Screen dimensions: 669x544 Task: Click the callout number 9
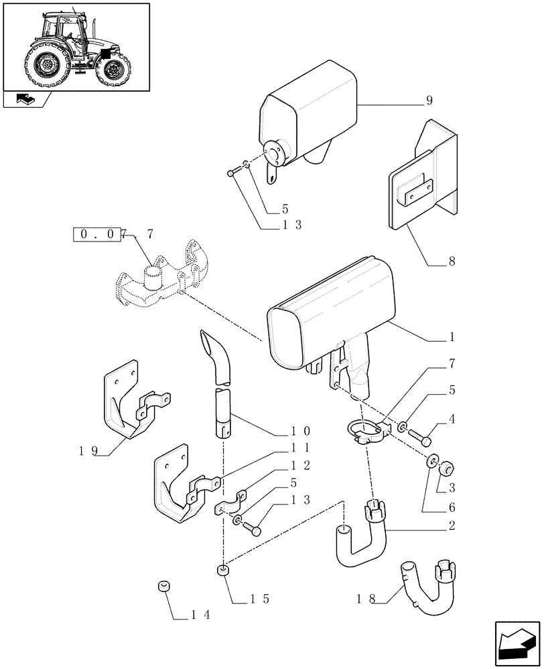point(429,101)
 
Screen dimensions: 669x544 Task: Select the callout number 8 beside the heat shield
point(452,262)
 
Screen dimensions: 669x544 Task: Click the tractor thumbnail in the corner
point(76,45)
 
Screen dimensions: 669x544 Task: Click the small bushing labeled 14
point(161,587)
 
